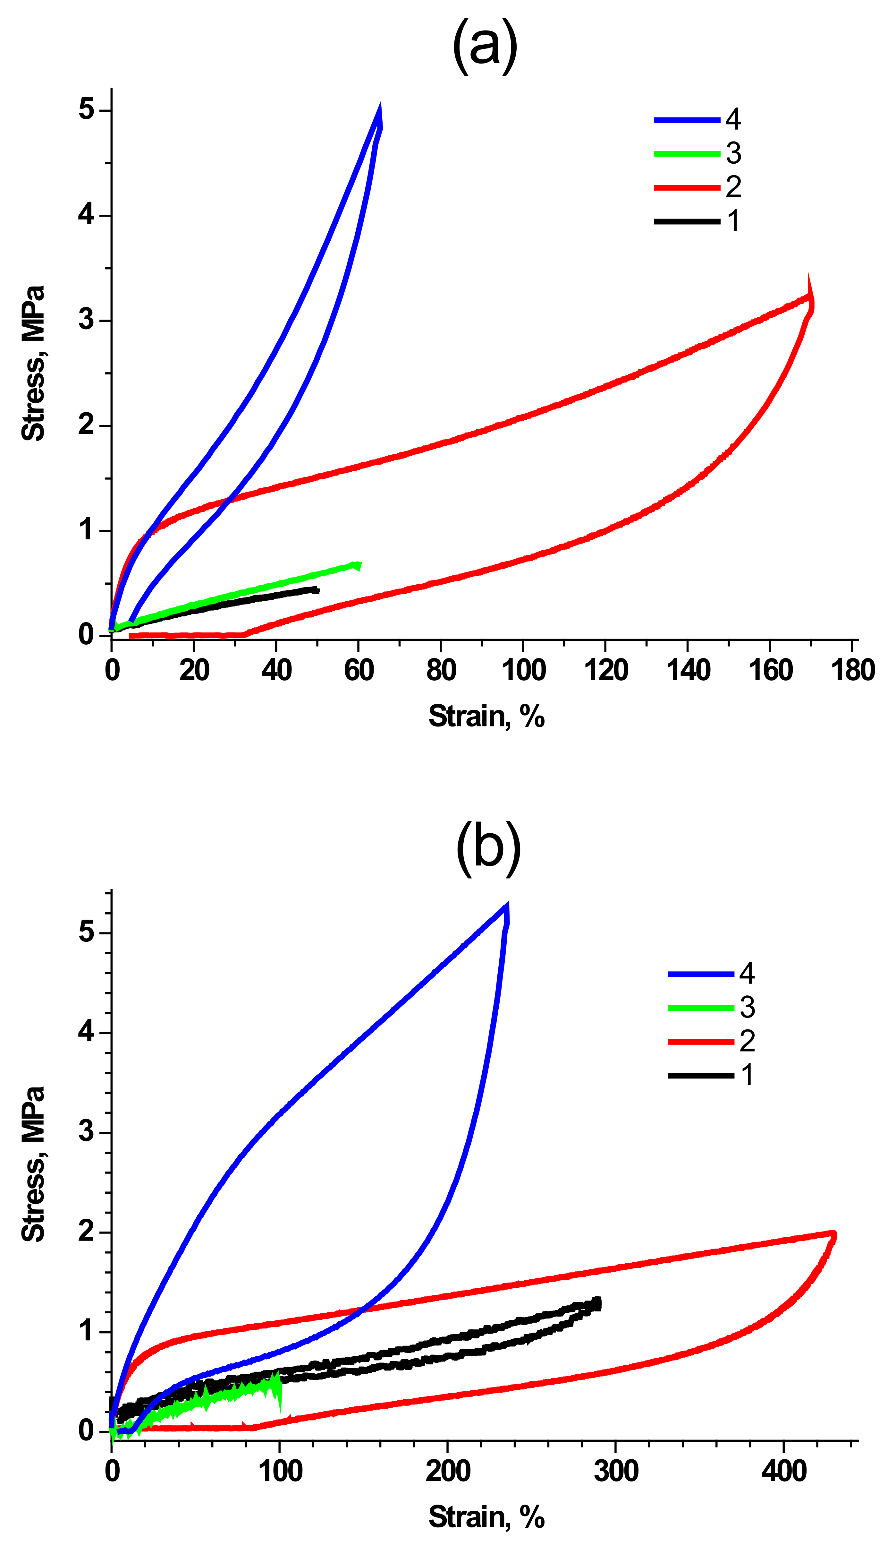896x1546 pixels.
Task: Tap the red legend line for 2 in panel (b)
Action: coord(700,1042)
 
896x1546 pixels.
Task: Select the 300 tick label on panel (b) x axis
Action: coord(616,1472)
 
